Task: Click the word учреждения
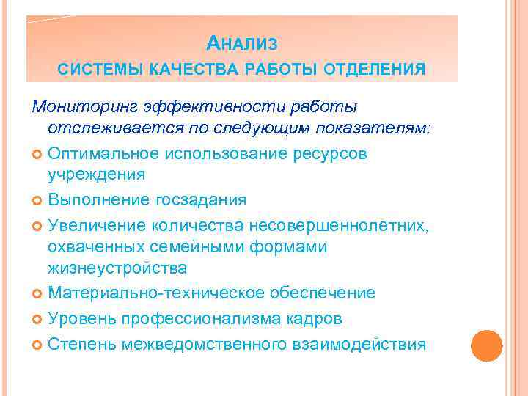(96, 175)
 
